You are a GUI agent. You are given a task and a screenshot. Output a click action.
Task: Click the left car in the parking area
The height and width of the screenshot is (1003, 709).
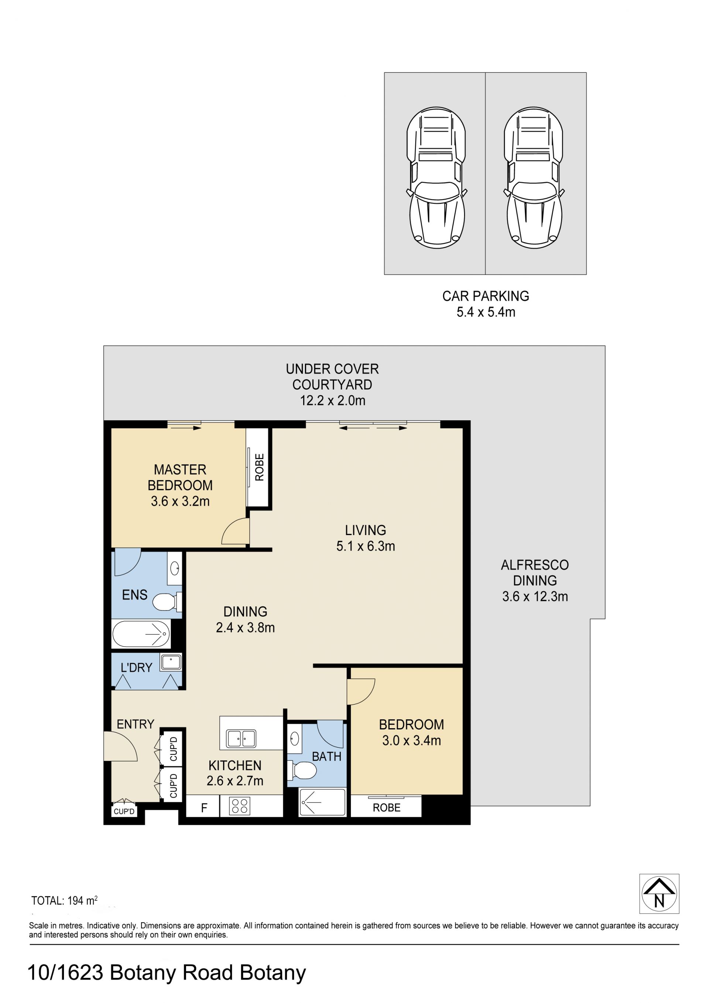click(x=436, y=178)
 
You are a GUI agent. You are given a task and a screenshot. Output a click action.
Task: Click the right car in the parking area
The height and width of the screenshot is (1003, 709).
click(x=534, y=178)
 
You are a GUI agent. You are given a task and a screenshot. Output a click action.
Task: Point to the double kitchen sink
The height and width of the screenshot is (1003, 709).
click(x=241, y=738)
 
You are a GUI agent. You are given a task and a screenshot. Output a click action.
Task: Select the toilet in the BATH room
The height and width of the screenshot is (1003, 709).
click(x=302, y=770)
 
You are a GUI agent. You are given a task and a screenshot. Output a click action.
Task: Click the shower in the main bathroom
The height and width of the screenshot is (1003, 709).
click(x=322, y=802)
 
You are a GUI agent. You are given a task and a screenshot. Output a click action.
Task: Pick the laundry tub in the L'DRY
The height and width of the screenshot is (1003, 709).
click(x=171, y=662)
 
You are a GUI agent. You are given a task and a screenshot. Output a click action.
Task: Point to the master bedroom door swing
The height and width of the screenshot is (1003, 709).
click(x=236, y=531)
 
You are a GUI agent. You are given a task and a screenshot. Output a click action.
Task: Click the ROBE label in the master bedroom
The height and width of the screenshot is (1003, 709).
click(x=260, y=468)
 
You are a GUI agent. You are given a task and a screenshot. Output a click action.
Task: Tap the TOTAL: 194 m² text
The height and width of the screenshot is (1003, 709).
click(x=64, y=901)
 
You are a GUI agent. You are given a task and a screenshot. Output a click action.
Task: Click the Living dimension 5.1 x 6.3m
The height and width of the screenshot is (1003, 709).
click(x=366, y=546)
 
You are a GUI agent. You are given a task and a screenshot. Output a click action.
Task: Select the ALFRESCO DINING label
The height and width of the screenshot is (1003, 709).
click(x=535, y=573)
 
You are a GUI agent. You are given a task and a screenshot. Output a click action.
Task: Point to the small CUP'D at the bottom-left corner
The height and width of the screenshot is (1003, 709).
click(x=124, y=811)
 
